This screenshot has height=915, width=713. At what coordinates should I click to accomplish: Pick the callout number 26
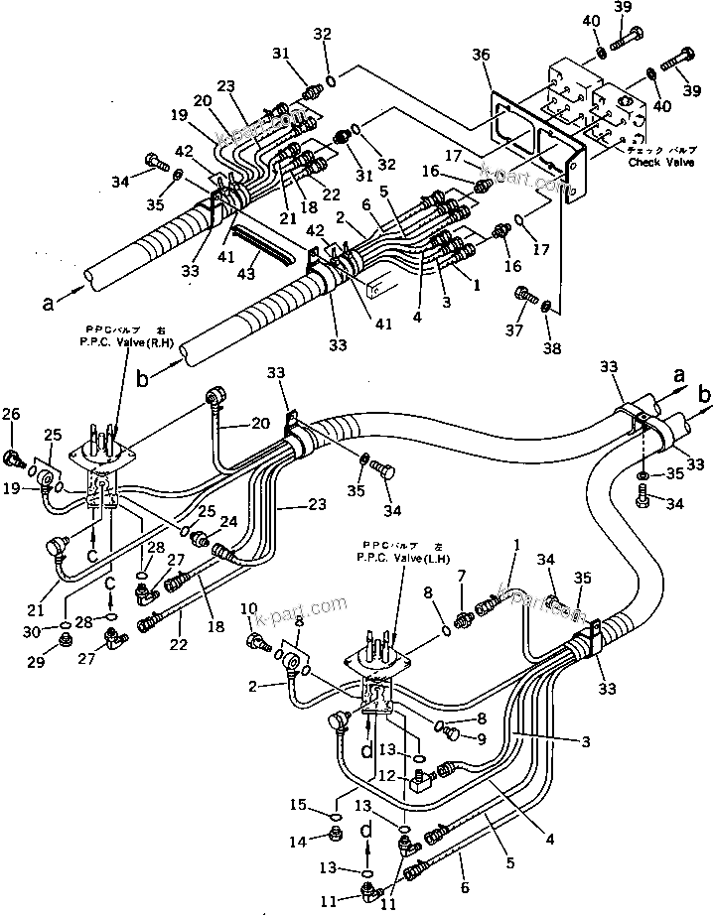11,415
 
